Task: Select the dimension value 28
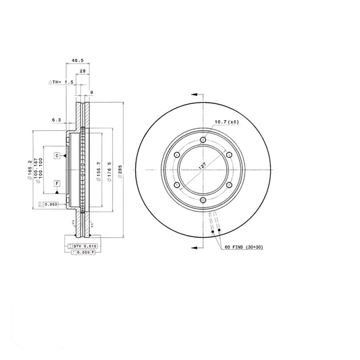[81, 71]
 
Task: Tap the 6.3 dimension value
[56, 120]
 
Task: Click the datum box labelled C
[57, 156]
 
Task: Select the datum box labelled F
[57, 184]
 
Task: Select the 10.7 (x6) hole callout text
[226, 122]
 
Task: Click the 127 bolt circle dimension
[203, 166]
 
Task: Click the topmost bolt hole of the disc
[203, 139]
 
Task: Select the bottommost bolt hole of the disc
[203, 200]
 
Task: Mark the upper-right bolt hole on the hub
[229, 155]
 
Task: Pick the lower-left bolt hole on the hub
[176, 185]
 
